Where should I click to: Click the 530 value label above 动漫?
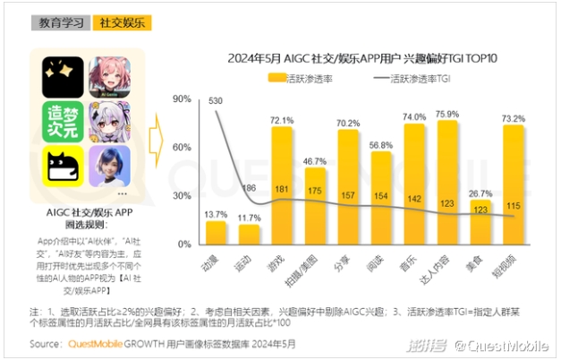(x=216, y=101)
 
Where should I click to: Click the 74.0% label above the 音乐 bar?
(x=413, y=116)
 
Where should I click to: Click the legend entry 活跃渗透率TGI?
(x=420, y=79)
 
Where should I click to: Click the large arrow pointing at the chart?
(x=156, y=134)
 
